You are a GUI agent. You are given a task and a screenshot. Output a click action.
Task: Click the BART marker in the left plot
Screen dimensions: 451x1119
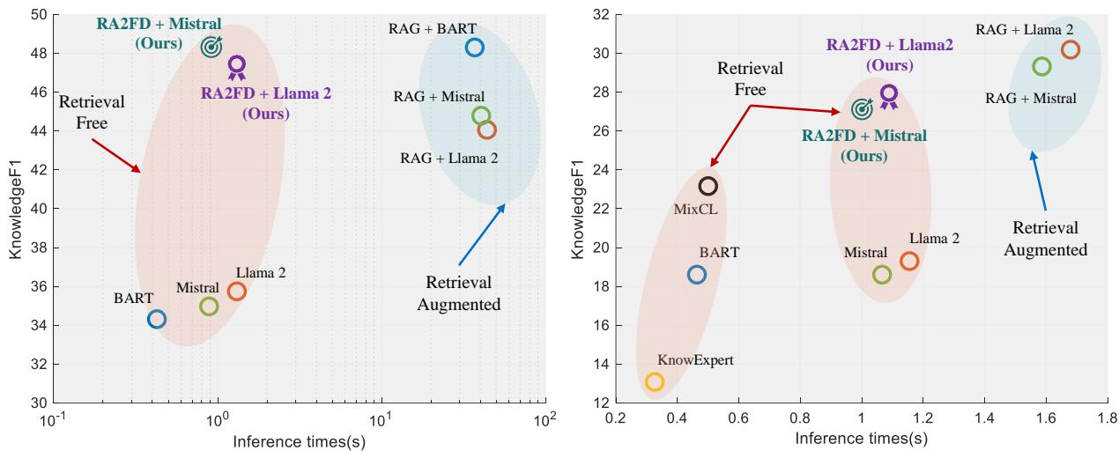(x=156, y=319)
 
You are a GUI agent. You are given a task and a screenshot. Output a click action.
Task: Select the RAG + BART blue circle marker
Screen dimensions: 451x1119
(x=474, y=48)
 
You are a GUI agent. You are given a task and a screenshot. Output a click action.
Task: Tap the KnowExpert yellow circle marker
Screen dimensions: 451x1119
(x=655, y=381)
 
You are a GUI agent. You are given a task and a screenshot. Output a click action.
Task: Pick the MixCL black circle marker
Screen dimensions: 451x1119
(x=708, y=186)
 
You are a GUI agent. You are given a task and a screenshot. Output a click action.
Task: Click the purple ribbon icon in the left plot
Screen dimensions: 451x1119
(x=236, y=67)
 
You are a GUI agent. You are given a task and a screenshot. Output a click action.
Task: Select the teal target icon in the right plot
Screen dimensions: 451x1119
(x=862, y=108)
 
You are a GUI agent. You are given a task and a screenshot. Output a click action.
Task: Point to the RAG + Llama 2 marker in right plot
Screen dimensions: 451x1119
(x=1070, y=49)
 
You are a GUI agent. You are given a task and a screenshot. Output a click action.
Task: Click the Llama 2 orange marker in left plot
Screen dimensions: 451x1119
(x=236, y=292)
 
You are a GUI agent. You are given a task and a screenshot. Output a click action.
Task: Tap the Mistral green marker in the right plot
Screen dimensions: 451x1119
(x=882, y=274)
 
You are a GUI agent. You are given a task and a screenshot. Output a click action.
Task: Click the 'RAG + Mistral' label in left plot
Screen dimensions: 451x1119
(x=441, y=97)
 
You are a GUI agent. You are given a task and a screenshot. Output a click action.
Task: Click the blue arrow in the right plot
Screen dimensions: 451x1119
(x=1040, y=181)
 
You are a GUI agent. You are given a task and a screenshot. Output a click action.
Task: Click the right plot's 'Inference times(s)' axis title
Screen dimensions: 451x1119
(x=862, y=437)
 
